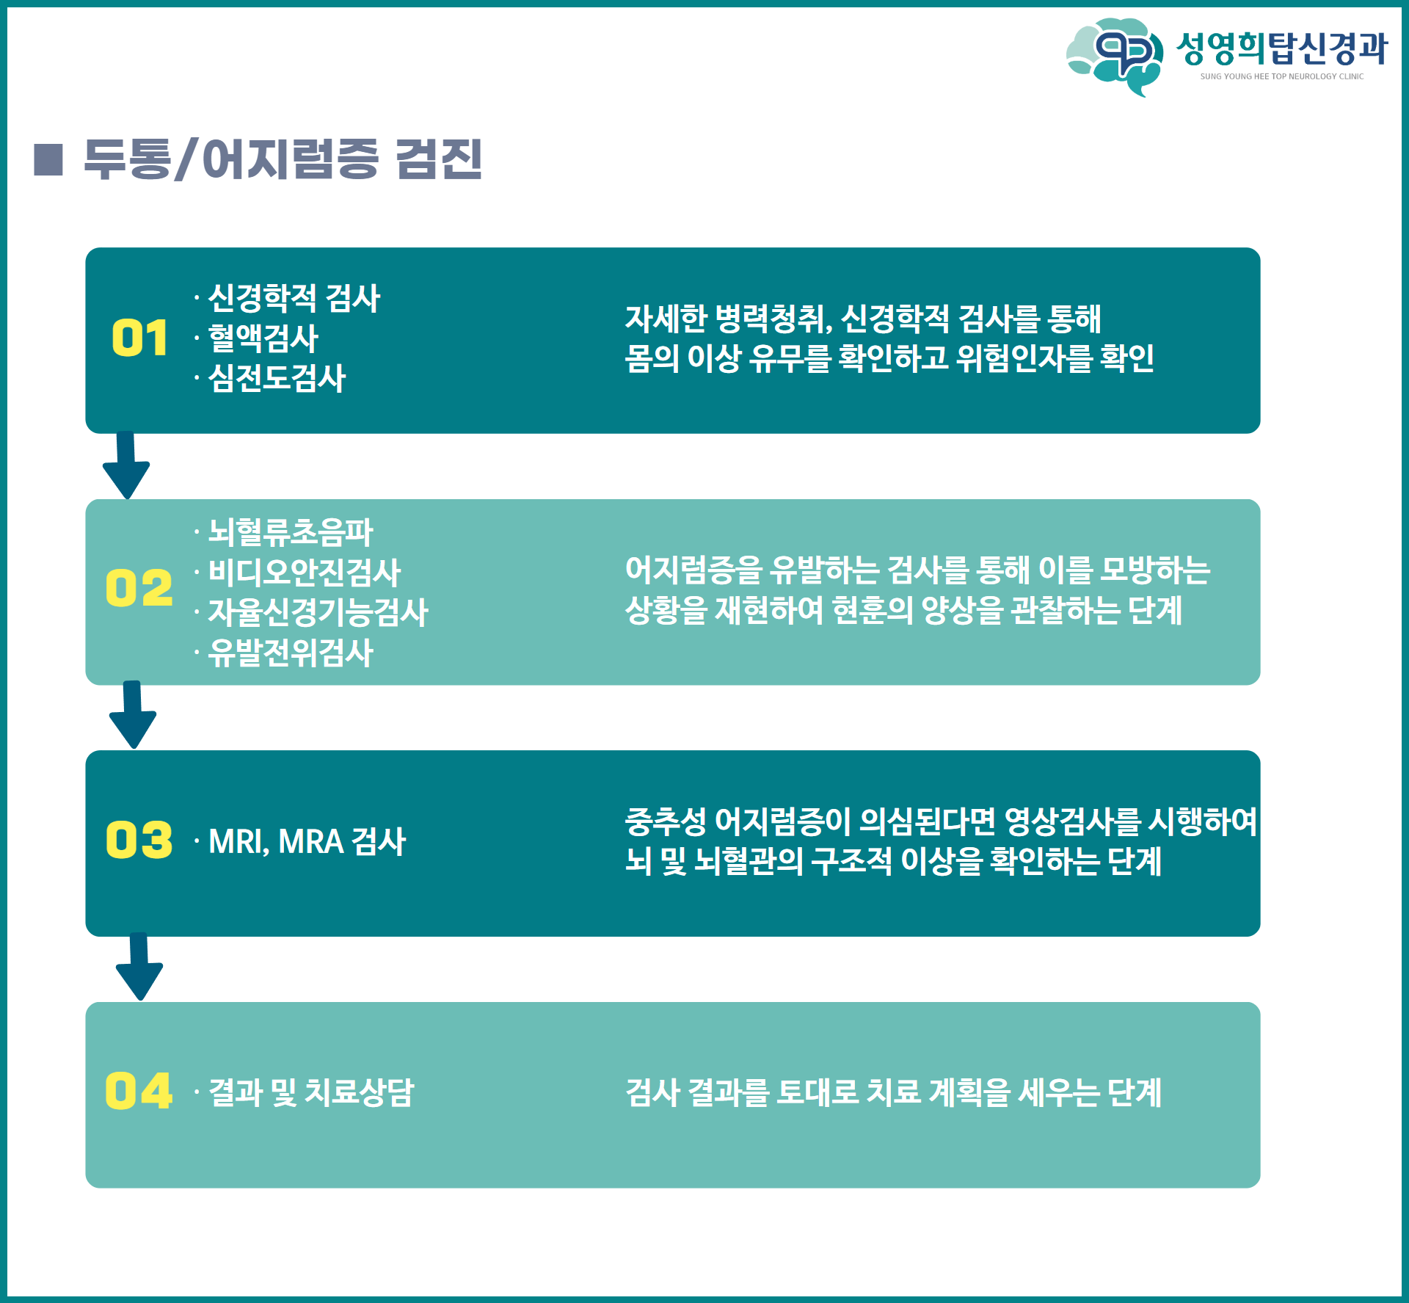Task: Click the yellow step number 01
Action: pos(139,338)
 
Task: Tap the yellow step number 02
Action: pos(139,588)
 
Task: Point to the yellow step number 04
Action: pos(139,1091)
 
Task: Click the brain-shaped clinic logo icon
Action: pos(1115,56)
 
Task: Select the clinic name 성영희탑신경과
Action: pos(1282,48)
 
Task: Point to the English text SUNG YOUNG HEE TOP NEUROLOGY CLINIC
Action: pos(1282,76)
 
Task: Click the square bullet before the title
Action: pos(48,160)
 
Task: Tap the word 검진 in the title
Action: pos(439,159)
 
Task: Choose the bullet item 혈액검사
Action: pos(263,338)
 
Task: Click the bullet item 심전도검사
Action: pos(277,379)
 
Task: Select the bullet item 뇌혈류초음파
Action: pos(291,532)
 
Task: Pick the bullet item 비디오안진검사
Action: pos(305,573)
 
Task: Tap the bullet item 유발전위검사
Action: pos(291,653)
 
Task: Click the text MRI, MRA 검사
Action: pos(307,841)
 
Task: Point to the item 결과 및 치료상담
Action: pos(311,1092)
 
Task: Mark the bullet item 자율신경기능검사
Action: pos(318,612)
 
